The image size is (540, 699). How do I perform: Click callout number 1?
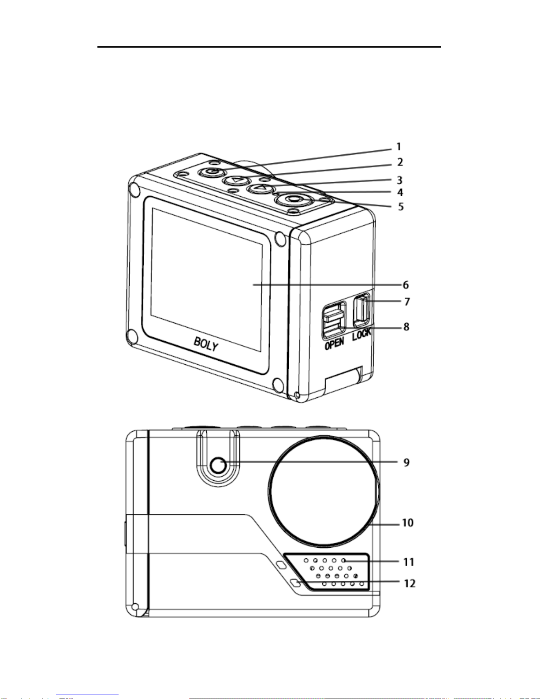tap(398, 147)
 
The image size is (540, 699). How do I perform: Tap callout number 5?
tap(401, 206)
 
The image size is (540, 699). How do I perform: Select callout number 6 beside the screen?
tap(406, 285)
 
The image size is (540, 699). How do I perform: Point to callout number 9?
tap(406, 462)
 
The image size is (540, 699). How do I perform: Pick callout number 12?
tap(410, 583)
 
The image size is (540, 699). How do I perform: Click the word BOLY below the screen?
tap(206, 344)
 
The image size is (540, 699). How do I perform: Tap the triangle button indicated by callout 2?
tap(237, 180)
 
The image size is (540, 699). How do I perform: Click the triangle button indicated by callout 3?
tap(261, 188)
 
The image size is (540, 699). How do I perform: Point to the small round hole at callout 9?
tap(218, 465)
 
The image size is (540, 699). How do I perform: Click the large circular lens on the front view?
tap(324, 492)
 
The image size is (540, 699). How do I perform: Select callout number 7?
tap(407, 302)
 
